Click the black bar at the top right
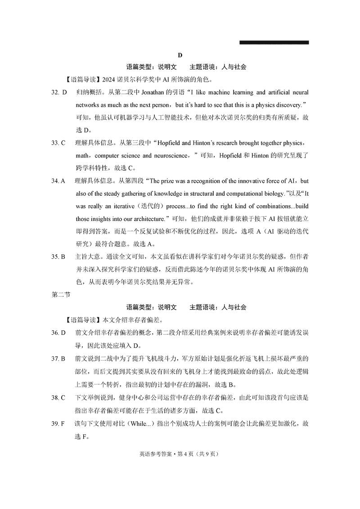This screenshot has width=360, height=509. [274, 43]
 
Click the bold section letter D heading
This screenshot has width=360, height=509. [180, 55]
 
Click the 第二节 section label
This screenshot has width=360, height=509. [59, 295]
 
